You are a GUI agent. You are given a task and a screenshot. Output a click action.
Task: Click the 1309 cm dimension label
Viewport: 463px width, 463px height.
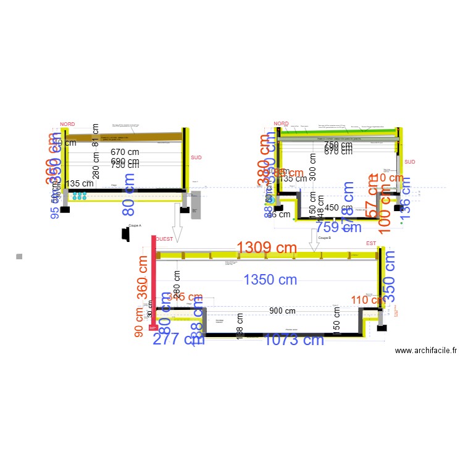(x=267, y=248)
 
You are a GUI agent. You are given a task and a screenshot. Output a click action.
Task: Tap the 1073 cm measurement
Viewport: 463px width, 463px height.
(x=294, y=340)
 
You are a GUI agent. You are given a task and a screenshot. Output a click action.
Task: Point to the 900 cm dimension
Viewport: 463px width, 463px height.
(x=282, y=311)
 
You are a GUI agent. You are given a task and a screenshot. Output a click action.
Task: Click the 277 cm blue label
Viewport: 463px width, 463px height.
(x=171, y=339)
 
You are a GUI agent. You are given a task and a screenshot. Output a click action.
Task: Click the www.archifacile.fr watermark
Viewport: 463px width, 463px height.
(x=425, y=351)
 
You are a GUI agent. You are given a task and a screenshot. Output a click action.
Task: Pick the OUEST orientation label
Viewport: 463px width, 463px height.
(x=164, y=239)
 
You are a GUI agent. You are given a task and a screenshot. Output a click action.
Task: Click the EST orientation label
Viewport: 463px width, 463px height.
(x=370, y=243)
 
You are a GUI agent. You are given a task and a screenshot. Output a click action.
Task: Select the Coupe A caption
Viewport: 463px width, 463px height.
(x=135, y=226)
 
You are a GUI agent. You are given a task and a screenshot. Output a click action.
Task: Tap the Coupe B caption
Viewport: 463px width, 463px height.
(x=324, y=238)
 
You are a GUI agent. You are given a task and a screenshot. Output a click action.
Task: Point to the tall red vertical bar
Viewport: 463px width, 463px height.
(x=154, y=283)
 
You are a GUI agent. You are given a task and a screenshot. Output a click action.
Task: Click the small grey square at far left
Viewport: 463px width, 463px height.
(x=19, y=256)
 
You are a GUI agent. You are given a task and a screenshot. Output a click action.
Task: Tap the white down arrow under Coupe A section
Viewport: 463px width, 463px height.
(x=177, y=226)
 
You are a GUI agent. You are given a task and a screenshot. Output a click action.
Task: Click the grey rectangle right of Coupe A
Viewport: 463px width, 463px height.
(x=196, y=204)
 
